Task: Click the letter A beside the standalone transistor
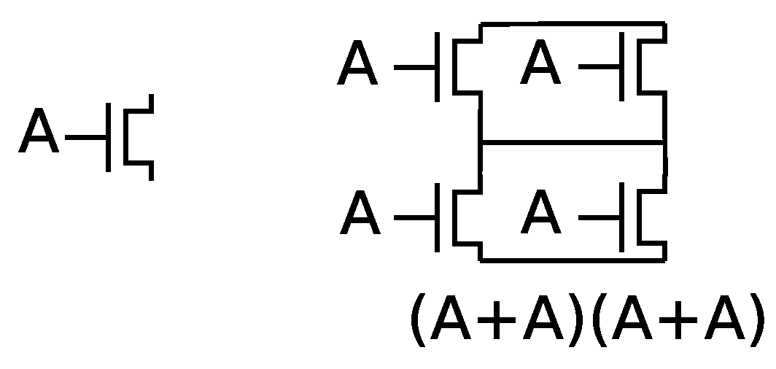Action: tap(39, 132)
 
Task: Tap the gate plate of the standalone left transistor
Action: tap(108, 137)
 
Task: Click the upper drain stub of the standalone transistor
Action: tap(150, 103)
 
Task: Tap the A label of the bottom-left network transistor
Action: tap(360, 214)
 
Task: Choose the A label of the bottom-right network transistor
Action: tap(542, 214)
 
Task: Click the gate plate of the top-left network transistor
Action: tap(438, 66)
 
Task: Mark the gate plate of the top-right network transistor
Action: tap(623, 66)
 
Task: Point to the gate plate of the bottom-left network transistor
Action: tap(438, 217)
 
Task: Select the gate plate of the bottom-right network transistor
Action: tap(623, 217)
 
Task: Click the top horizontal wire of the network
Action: tap(573, 24)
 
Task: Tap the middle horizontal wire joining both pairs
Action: tap(573, 142)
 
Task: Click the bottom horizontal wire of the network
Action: tap(573, 258)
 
